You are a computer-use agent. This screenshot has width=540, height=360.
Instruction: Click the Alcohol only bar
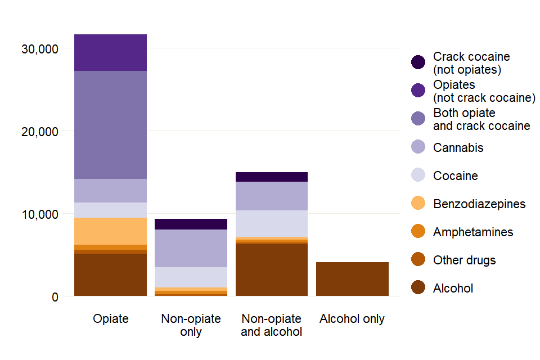pos(352,279)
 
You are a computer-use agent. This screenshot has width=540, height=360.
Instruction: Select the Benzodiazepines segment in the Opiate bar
pos(110,231)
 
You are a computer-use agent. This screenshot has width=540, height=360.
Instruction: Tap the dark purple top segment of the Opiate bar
pos(110,52)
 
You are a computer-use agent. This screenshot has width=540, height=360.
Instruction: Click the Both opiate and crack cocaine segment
pos(110,124)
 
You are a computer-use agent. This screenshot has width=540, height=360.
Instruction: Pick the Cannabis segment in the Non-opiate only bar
pos(191,248)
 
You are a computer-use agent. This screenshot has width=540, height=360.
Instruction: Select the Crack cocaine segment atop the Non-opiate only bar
pos(191,224)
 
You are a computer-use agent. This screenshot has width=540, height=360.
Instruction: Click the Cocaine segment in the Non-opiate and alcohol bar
pos(271,223)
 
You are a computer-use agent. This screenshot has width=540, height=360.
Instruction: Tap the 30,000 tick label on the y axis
pos(40,49)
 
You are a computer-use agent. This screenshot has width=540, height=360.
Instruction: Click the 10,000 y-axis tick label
pos(40,214)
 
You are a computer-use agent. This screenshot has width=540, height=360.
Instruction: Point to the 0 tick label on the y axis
pos(55,297)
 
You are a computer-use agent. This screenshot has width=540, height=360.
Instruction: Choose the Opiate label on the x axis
pos(110,319)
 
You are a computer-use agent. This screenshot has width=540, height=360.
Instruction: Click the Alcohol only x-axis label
pos(352,319)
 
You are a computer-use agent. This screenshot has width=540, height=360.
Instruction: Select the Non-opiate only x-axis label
pos(191,325)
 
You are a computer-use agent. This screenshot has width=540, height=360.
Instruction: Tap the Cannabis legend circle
pos(418,147)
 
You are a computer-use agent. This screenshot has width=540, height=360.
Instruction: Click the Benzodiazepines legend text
pos(479,204)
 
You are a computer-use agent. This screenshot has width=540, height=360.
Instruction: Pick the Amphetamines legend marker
pos(418,232)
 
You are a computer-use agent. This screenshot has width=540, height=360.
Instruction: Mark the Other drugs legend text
pos(464,260)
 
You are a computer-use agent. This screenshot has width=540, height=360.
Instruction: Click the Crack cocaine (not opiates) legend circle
pos(418,62)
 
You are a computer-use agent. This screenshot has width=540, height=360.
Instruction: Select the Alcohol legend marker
pos(418,288)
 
